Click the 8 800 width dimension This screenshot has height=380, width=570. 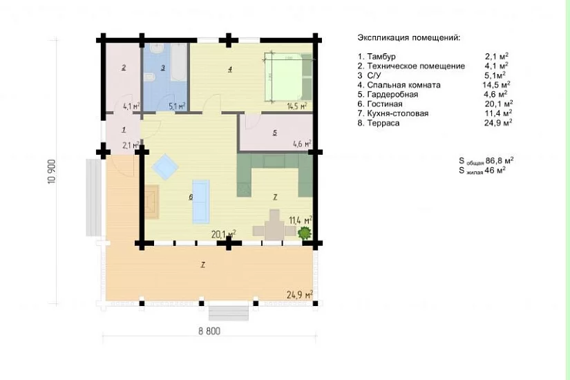209,331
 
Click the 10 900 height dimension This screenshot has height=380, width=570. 52,171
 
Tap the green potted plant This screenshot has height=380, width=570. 305,232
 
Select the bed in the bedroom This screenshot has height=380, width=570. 287,77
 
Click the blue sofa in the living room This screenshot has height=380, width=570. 200,201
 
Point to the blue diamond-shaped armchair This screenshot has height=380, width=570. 165,167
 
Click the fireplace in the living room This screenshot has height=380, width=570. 152,202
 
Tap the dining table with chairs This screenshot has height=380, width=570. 274,225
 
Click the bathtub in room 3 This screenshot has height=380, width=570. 178,61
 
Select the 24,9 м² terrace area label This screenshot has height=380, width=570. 300,294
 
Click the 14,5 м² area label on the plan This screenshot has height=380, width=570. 296,106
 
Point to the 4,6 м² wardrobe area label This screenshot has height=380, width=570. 302,144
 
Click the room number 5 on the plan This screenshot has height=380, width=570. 275,133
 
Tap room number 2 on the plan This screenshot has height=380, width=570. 124,67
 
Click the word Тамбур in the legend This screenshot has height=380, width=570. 381,57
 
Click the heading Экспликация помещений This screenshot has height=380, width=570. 409,38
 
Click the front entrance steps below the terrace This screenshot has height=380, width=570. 228,313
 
